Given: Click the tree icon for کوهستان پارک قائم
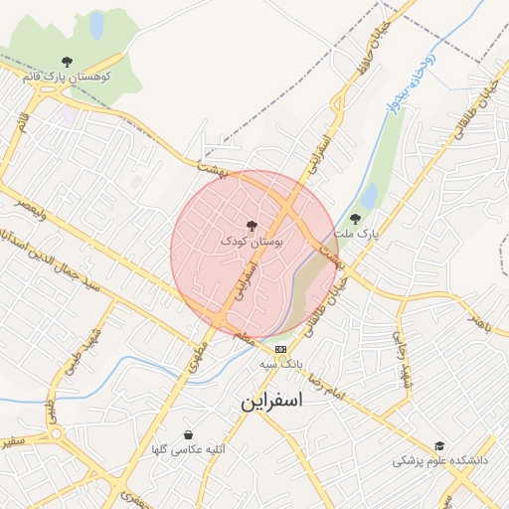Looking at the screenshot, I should pyautogui.click(x=67, y=62).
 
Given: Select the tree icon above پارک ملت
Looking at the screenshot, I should pyautogui.click(x=355, y=219).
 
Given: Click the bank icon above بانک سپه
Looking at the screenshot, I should pyautogui.click(x=280, y=349).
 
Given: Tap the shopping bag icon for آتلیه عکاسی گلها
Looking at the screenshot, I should pyautogui.click(x=189, y=434).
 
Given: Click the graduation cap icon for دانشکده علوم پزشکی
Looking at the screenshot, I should pyautogui.click(x=439, y=445).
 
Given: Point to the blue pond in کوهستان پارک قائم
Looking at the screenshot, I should pyautogui.click(x=96, y=25).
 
